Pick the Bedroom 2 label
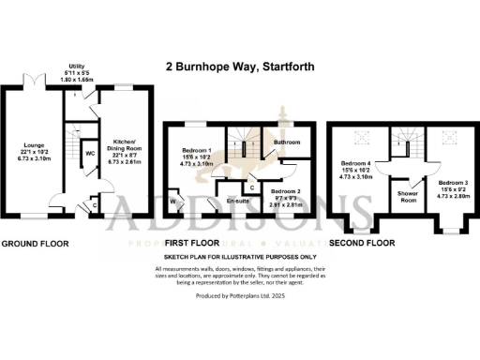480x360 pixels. (282, 191)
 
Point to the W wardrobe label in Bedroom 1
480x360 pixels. (173, 199)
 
